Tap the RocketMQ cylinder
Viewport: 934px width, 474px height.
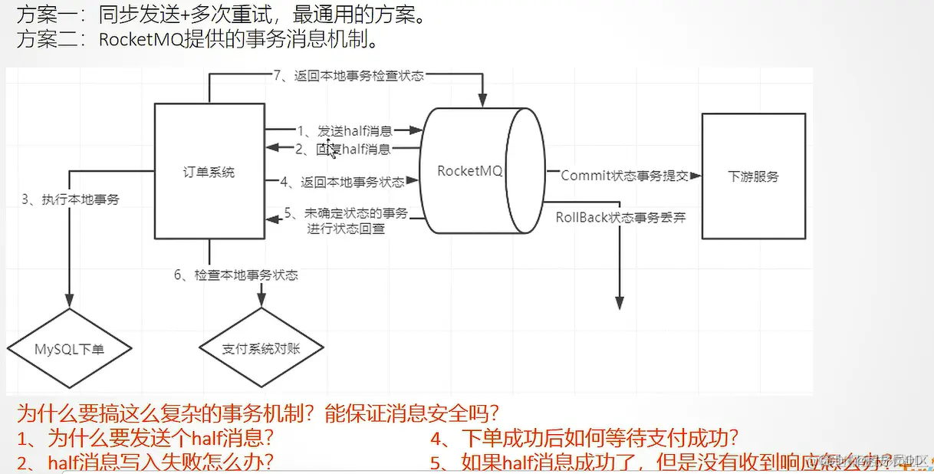[469, 171]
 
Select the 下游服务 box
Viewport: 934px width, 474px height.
[753, 176]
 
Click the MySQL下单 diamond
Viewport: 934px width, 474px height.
[69, 349]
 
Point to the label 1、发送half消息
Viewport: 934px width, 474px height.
[344, 131]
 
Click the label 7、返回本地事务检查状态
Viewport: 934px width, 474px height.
[348, 76]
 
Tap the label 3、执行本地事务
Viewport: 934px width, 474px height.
[71, 199]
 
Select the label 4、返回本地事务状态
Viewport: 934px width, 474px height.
[342, 182]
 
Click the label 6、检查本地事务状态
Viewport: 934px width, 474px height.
[235, 275]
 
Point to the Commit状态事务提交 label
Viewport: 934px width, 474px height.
[625, 176]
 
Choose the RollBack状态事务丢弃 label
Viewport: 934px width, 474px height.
[620, 217]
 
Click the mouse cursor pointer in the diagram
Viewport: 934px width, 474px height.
[331, 149]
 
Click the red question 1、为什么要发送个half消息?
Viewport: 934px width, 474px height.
[146, 439]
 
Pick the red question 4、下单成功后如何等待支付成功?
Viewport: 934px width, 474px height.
[584, 439]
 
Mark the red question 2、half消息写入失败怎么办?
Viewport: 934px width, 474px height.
[146, 462]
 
